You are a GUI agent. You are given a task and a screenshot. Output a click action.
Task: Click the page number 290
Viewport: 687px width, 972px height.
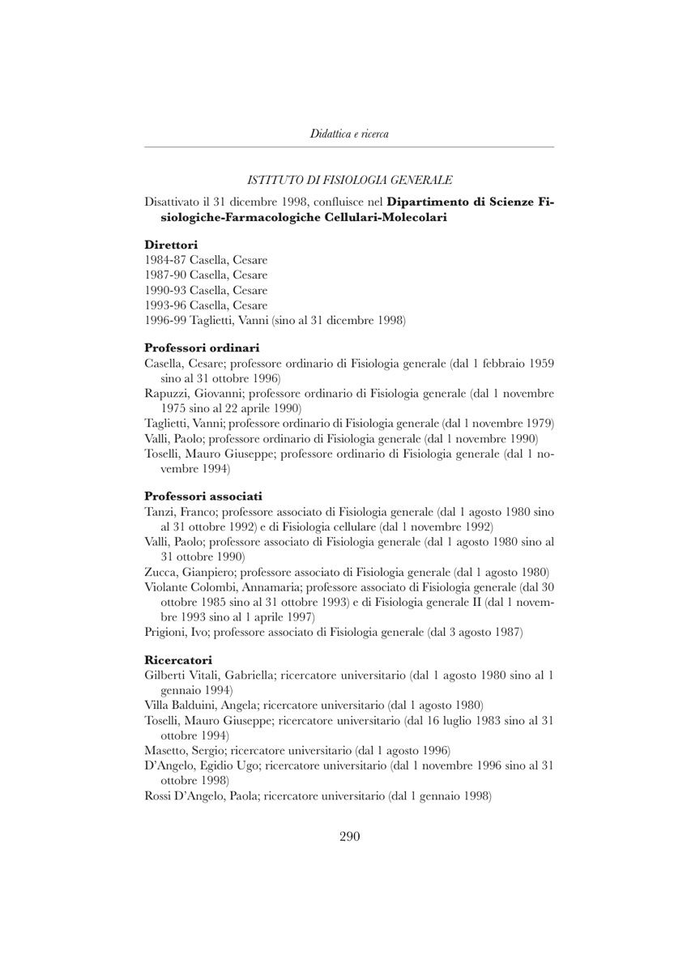coord(349,837)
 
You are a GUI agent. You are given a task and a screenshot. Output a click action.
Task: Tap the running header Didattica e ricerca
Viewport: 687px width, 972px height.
coord(349,134)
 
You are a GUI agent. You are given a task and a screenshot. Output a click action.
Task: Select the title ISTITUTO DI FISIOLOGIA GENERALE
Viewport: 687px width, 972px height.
coord(349,180)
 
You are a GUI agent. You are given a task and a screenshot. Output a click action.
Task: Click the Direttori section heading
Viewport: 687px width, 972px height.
coord(171,244)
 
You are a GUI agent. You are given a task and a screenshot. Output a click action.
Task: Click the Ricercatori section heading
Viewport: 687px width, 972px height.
coord(178,659)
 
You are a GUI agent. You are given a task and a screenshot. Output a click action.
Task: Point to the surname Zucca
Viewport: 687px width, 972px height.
coord(160,572)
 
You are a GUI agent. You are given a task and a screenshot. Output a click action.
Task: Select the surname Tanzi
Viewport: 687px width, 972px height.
coord(160,512)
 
